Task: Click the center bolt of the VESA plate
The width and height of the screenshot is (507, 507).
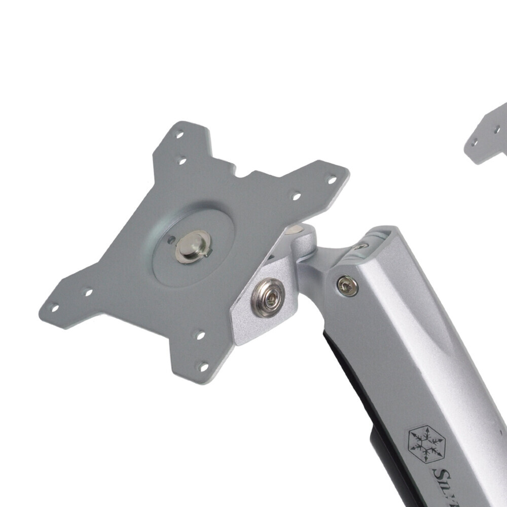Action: pos(192,246)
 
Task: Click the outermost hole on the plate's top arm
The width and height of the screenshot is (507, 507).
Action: pos(178,134)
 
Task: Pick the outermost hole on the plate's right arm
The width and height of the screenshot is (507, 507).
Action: pos(332,179)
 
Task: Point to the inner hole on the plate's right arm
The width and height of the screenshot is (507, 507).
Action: pos(296,196)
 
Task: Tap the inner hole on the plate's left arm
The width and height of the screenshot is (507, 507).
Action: pos(87,293)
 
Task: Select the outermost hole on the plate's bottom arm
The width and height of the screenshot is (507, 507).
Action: pos(203,366)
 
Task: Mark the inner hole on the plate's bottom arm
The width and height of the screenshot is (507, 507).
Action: pos(200,335)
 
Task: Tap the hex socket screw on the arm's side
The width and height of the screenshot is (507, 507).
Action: pos(347,285)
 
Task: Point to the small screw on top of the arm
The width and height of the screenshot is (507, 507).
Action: pos(359,247)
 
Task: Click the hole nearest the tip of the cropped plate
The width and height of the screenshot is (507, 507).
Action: pos(474,142)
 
